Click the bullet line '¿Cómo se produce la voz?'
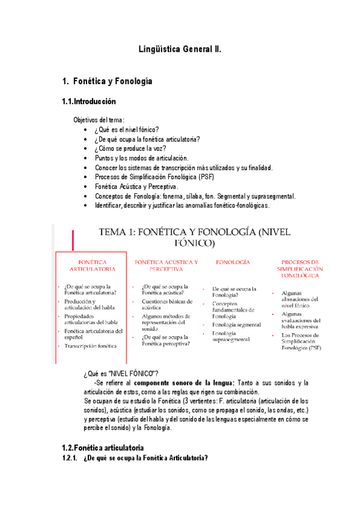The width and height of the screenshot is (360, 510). pos(130,149)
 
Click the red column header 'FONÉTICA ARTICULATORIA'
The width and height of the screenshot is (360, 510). pos(92,266)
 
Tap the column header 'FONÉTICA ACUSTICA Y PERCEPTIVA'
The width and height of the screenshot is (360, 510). pos(166,266)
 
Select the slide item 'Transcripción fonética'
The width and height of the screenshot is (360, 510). pos(91,346)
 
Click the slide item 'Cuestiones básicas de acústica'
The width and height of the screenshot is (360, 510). pos(167,304)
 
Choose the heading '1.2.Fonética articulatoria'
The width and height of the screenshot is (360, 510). pos(103,448)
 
